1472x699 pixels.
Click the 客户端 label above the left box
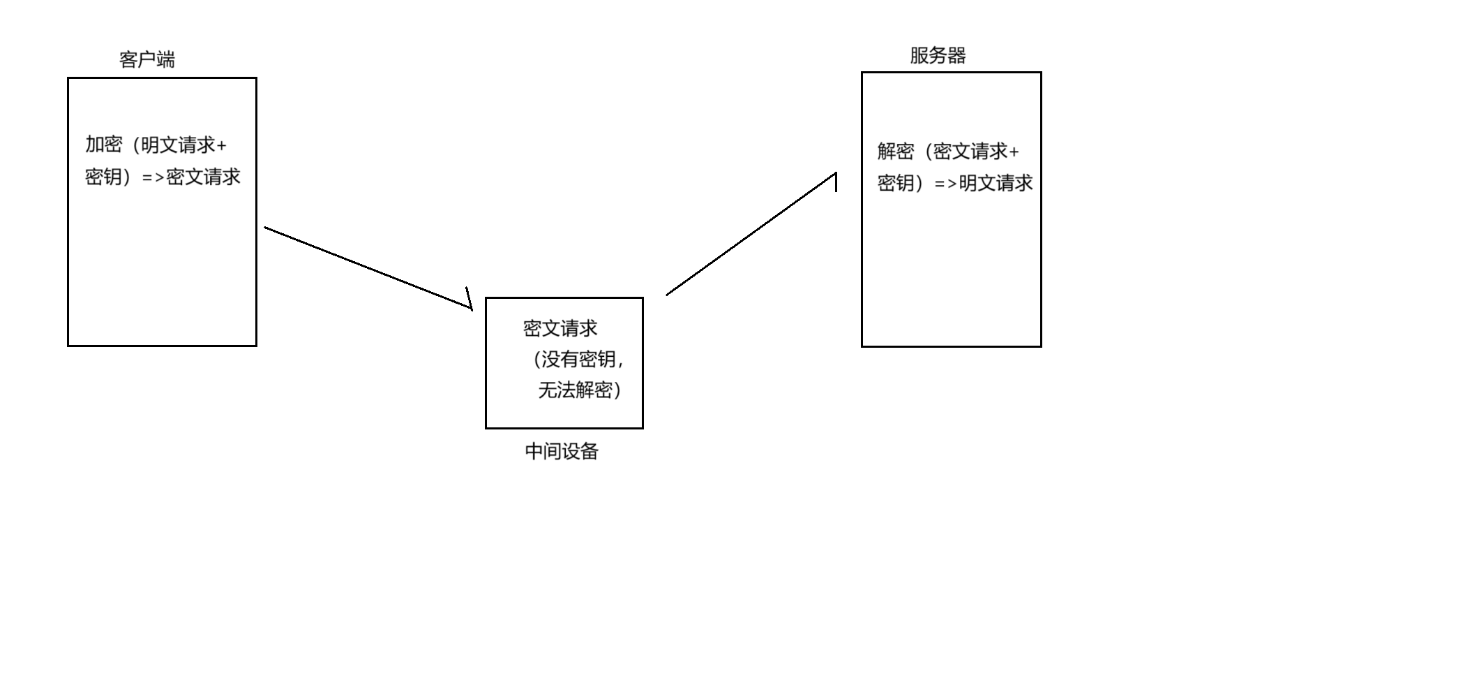tap(147, 60)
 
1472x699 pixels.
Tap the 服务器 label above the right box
tap(938, 56)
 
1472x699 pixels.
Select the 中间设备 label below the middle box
tap(562, 452)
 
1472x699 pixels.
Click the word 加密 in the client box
tap(104, 145)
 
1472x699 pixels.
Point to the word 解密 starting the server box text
tap(896, 152)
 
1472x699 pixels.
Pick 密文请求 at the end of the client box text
tap(203, 177)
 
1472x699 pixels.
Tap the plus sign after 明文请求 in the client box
tap(222, 146)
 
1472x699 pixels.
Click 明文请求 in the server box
tap(996, 184)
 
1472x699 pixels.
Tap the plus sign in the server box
tap(1014, 152)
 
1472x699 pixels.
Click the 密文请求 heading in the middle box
tap(560, 329)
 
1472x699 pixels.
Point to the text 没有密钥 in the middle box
tap(578, 360)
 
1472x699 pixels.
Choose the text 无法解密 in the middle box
tap(576, 390)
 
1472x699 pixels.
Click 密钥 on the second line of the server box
tap(896, 184)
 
